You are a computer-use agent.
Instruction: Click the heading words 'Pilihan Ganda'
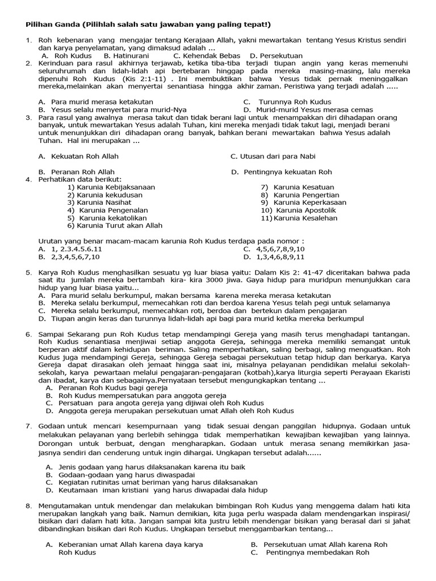tap(49, 24)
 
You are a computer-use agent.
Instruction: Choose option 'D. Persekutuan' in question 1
tap(276, 56)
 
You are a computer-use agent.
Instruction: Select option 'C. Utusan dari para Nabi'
tap(272, 156)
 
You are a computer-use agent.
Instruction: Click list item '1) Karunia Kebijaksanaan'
tap(111, 187)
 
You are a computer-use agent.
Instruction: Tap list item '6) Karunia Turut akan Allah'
tap(115, 225)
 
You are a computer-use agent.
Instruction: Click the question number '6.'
tap(28, 335)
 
